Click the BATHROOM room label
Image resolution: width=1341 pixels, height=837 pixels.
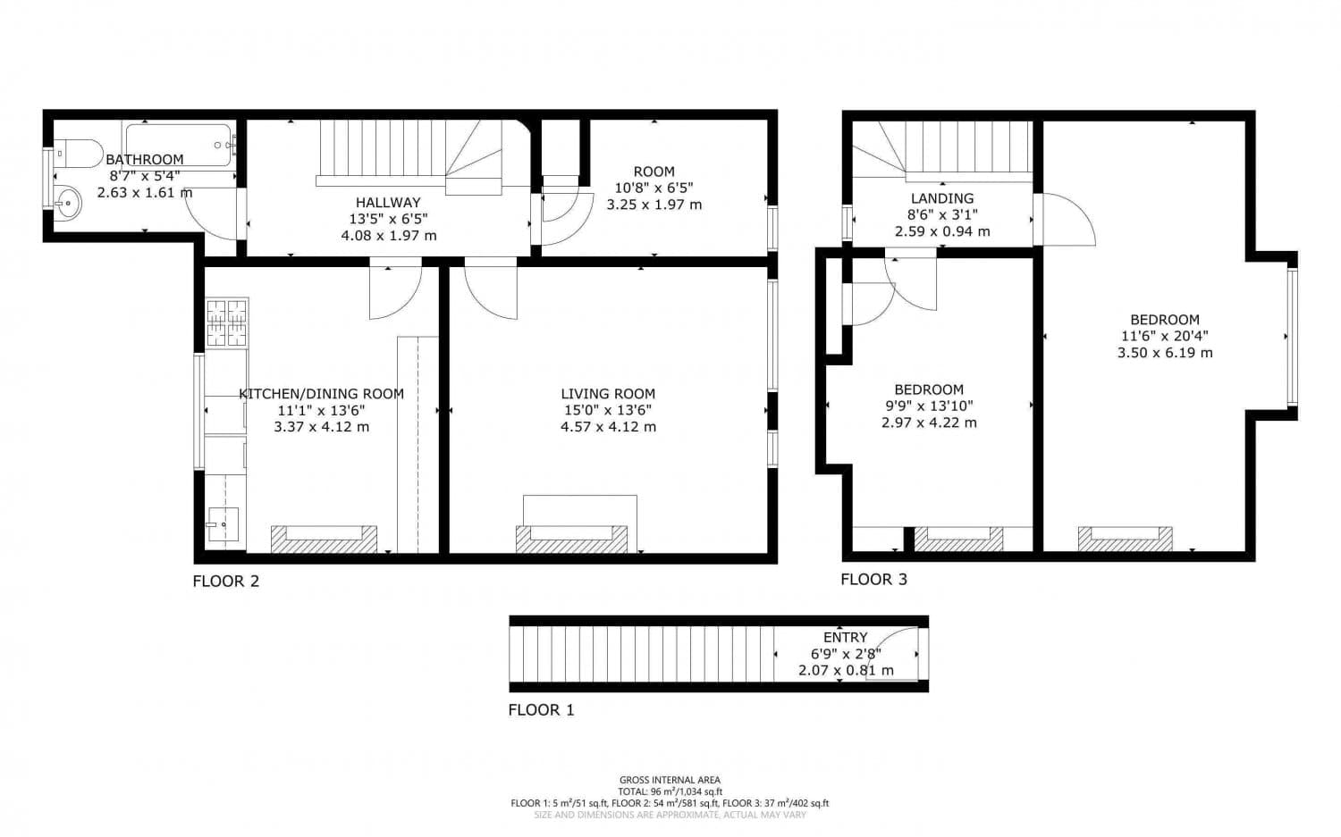145,160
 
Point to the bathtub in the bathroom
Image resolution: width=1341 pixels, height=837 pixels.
179,144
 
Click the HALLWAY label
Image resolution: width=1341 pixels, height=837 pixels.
388,203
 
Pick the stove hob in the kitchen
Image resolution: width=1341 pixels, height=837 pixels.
226,322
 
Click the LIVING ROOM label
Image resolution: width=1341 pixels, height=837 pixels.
608,394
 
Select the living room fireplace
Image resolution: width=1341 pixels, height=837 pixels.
578,538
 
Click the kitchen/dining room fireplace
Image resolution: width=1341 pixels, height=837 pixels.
324,539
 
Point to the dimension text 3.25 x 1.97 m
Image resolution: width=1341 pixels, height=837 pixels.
654,205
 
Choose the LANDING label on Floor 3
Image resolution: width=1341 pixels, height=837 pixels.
942,198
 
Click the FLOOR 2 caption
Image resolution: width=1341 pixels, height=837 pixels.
226,582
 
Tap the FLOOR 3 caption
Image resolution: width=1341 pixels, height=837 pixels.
873,580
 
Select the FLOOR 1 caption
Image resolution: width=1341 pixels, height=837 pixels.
541,710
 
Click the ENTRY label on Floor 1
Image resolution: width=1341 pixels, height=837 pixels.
845,637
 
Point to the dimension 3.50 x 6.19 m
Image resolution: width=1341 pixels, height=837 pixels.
1164,353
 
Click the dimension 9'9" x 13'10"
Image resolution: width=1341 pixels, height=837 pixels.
929,406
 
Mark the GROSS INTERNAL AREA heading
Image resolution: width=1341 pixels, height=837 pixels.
670,780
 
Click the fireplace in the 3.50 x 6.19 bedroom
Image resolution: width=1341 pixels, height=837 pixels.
1125,538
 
